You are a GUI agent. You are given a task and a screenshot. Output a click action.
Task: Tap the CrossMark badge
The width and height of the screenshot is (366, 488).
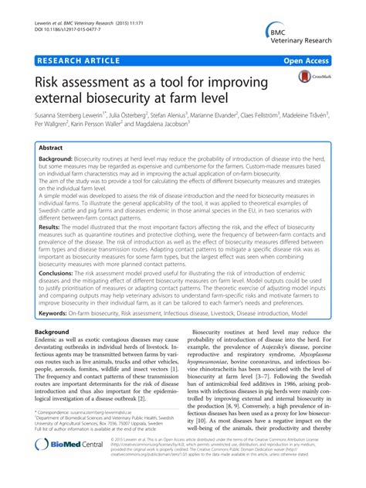[x=313, y=77]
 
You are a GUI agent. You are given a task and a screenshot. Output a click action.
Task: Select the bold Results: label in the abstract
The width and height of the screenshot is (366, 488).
[x=55, y=228]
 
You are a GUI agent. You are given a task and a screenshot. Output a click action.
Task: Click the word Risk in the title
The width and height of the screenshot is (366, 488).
[x=49, y=79]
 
